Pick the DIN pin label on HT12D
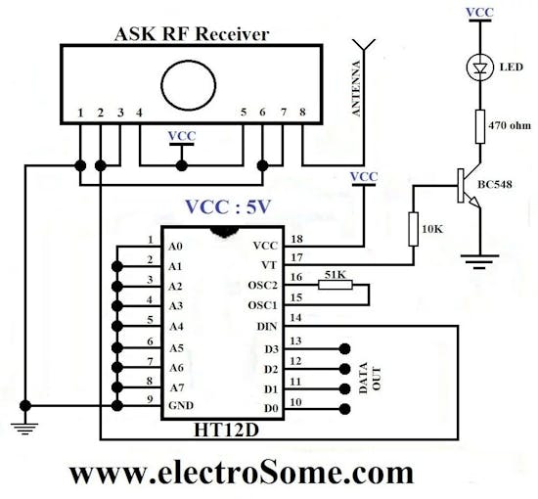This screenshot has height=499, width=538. (x=266, y=326)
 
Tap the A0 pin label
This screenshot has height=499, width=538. (x=175, y=246)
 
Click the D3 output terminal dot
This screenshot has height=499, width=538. (x=344, y=347)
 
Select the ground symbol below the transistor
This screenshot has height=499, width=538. (x=479, y=259)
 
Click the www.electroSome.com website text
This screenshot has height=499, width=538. (x=241, y=472)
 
